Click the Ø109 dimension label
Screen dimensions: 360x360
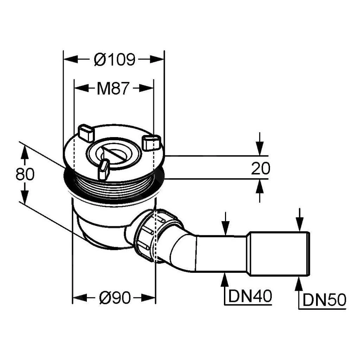tap(114, 60)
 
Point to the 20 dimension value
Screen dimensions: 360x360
tap(261, 169)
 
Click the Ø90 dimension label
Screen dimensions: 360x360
tap(114, 298)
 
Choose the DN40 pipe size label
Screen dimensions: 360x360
tap(250, 296)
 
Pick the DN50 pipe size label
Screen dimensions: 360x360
tap(324, 300)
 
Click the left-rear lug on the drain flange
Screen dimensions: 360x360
tap(85, 133)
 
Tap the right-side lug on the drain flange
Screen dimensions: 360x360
tap(151, 143)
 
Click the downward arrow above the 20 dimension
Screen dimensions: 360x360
tap(259, 148)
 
